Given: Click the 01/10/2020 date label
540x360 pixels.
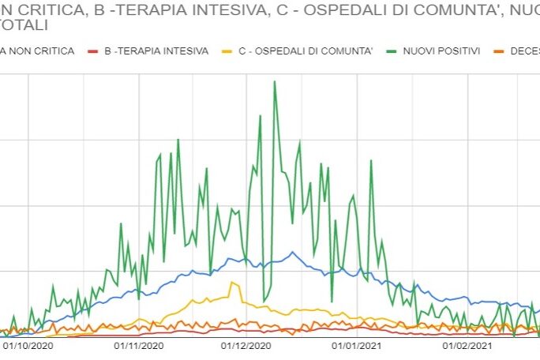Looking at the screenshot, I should click(x=28, y=345).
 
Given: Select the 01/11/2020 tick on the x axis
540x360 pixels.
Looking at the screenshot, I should click(x=139, y=345).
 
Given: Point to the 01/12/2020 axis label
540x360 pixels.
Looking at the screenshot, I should click(x=246, y=345).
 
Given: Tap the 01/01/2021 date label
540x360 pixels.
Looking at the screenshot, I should click(x=357, y=345).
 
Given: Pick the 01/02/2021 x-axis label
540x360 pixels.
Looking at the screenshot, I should click(x=467, y=345).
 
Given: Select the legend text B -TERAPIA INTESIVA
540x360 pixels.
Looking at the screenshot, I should click(x=156, y=51).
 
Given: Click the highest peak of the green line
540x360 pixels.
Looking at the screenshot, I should click(x=274, y=81).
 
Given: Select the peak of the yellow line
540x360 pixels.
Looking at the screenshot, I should click(x=234, y=283).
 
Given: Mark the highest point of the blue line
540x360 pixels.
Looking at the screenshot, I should click(x=292, y=253).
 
